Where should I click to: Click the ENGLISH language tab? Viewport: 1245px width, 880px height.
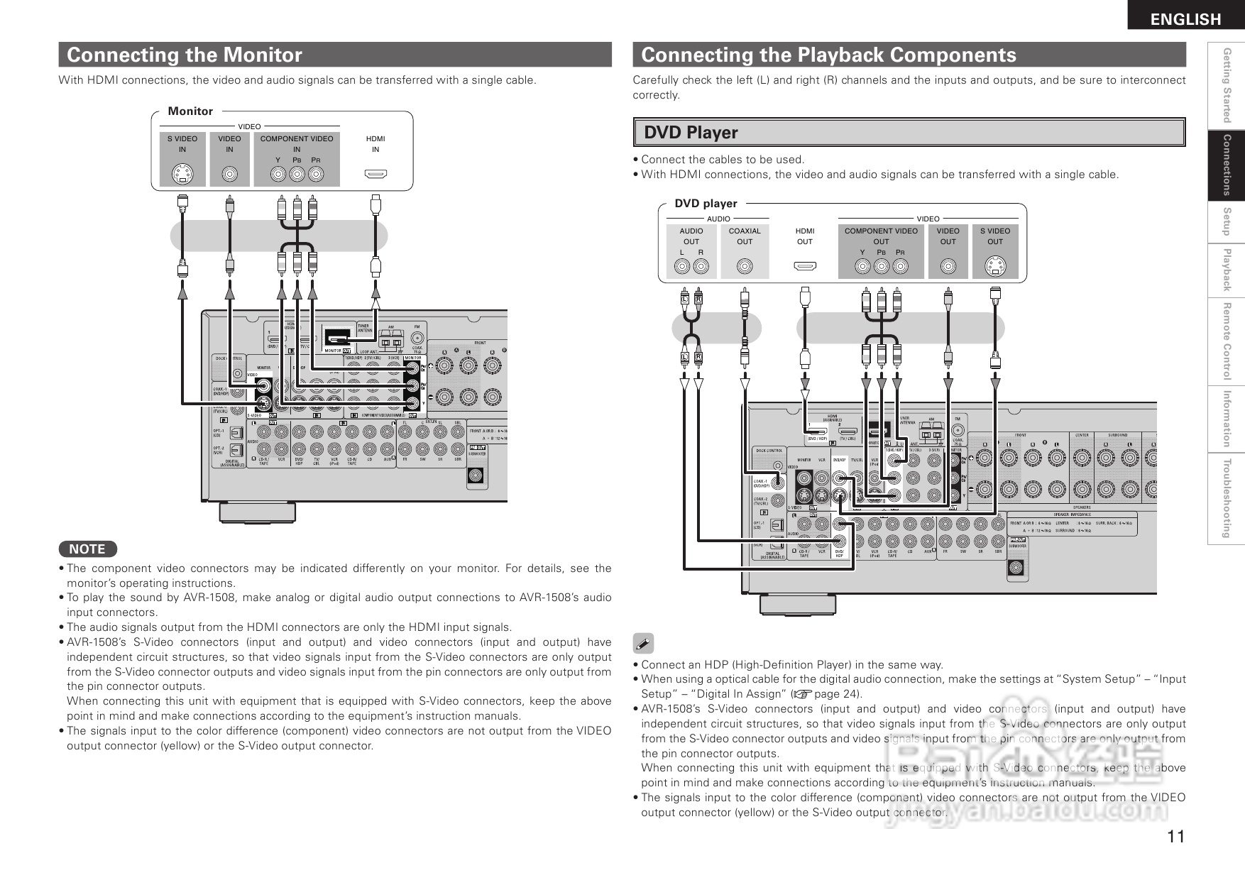[x=1185, y=19]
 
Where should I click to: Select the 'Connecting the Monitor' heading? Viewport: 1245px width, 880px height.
[x=184, y=55]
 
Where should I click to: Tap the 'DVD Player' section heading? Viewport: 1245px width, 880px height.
[x=691, y=133]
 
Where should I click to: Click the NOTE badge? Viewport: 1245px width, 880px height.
[x=87, y=549]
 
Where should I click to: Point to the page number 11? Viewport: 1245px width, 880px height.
[x=1175, y=837]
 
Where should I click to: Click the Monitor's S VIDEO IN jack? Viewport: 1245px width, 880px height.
[x=182, y=174]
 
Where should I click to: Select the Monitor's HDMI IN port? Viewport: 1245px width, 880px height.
[x=375, y=173]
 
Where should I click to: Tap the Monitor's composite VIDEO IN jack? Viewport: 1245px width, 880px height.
[x=229, y=174]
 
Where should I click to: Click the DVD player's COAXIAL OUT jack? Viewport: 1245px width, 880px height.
[x=745, y=266]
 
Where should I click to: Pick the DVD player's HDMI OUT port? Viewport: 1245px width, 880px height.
[x=805, y=266]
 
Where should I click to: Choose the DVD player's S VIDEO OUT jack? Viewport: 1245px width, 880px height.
[x=995, y=266]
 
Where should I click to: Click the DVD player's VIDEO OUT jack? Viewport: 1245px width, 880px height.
[x=948, y=266]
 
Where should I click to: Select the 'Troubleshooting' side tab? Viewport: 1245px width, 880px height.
[x=1226, y=498]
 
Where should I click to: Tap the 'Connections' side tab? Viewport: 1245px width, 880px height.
[x=1226, y=165]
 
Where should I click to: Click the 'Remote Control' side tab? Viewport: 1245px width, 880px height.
[x=1226, y=341]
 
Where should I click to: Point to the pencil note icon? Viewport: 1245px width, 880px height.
[x=643, y=644]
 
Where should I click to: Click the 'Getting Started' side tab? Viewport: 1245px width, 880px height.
[x=1226, y=85]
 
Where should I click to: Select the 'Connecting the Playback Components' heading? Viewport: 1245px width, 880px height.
[x=828, y=55]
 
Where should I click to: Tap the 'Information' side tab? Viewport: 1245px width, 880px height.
[x=1226, y=419]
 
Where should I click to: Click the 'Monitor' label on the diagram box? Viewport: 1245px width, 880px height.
[x=190, y=111]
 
